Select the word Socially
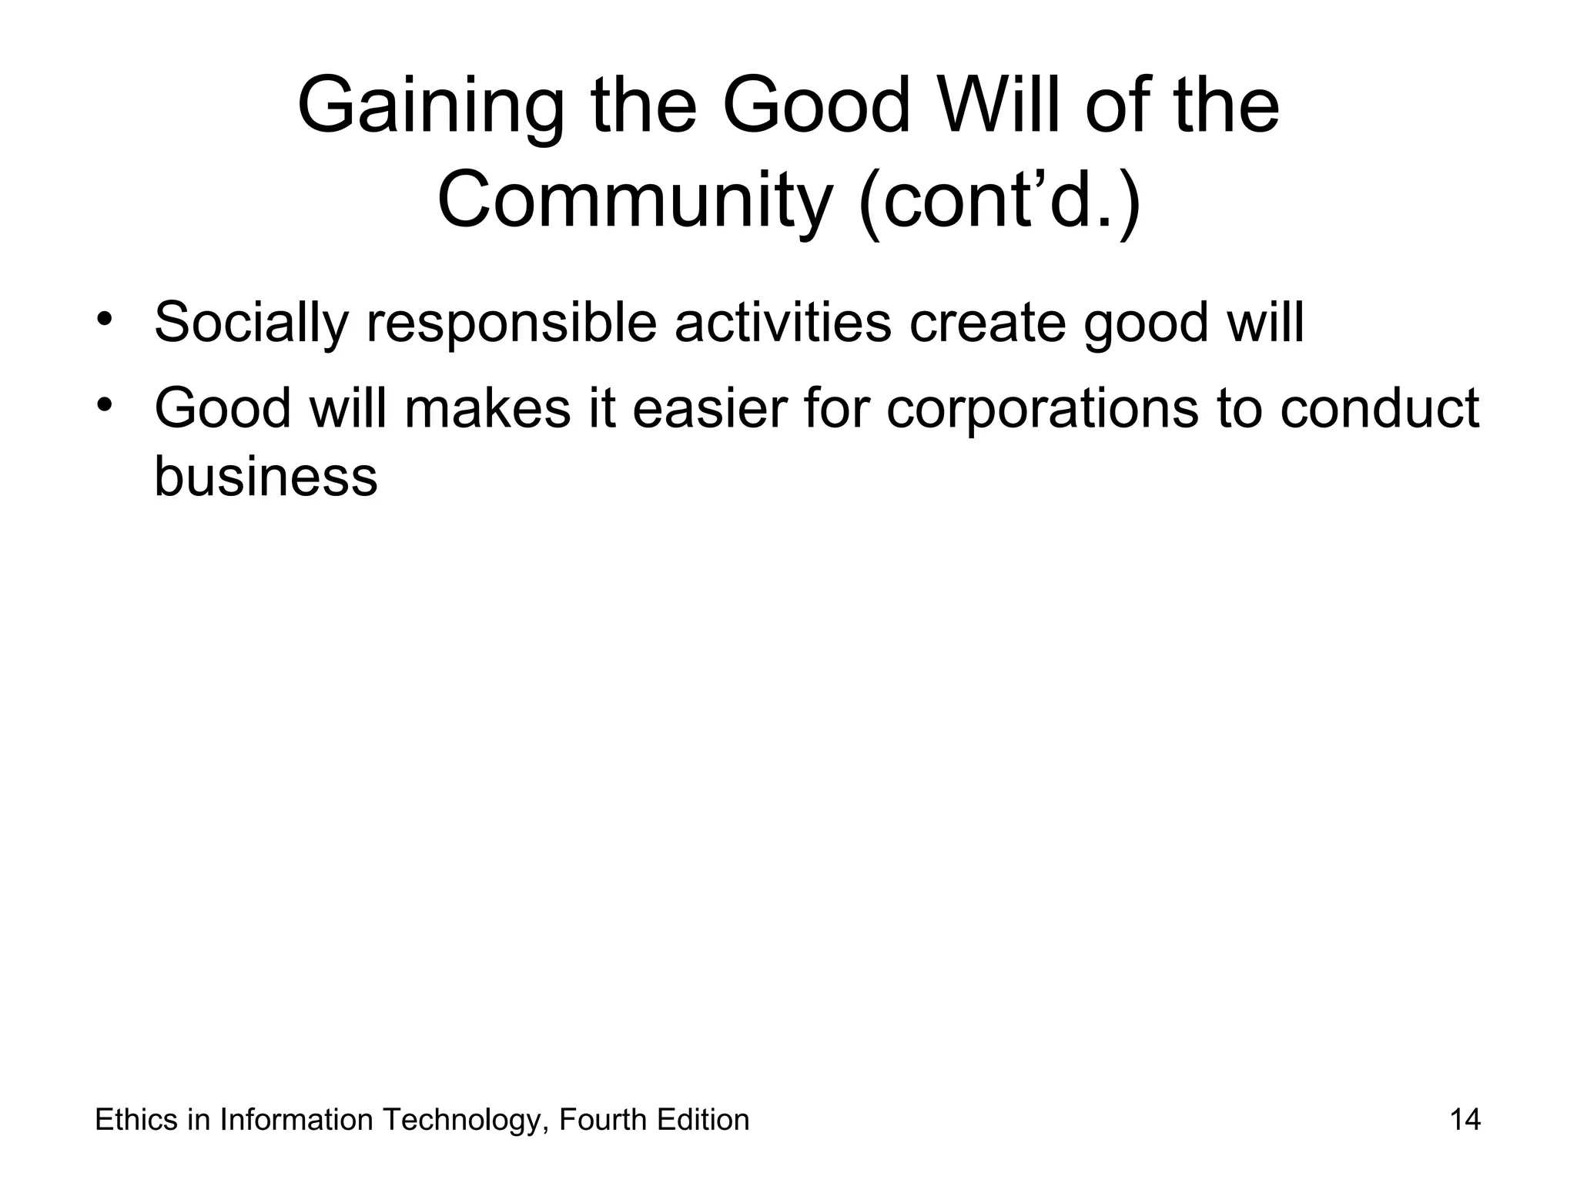click(251, 323)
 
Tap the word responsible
click(511, 323)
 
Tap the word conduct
click(1379, 408)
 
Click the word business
click(266, 476)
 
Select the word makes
click(487, 408)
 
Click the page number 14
click(1465, 1120)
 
